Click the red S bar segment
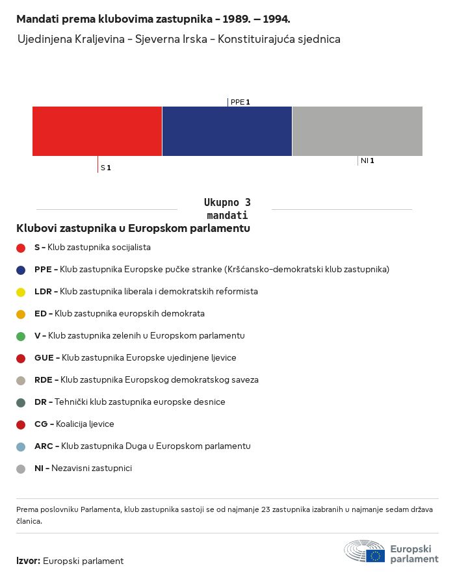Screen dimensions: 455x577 point(97,131)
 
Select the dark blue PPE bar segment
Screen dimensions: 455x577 point(227,131)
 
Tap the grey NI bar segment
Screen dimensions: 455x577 point(357,131)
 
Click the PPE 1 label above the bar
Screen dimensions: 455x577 point(240,102)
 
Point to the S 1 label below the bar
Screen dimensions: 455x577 point(106,168)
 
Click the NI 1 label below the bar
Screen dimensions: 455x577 point(367,160)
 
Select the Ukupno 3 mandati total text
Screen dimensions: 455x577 point(227,209)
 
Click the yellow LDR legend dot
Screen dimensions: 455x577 point(21,292)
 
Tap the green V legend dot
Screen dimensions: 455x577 point(21,337)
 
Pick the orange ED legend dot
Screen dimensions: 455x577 point(21,314)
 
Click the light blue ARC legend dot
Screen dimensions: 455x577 point(21,447)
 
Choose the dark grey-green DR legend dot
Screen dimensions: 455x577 point(21,403)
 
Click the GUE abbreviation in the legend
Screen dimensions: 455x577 point(44,357)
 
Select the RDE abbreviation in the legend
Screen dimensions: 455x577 point(43,379)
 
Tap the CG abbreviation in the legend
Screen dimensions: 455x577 point(41,424)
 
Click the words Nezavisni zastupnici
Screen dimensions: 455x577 point(92,468)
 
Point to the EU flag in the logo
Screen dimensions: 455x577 point(375,556)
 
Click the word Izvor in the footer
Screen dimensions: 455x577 point(27,561)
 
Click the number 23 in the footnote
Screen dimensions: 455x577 point(266,509)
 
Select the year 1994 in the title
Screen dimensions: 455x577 point(276,19)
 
